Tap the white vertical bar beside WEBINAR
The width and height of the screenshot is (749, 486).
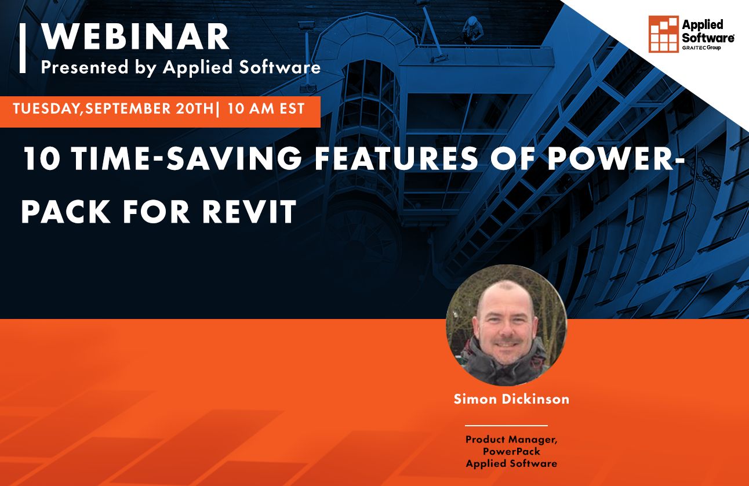[x=23, y=48]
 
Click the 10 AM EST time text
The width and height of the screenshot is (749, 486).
[x=267, y=109]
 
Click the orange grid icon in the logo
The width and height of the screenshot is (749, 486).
[x=663, y=34]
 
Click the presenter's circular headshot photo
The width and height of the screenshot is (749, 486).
[x=506, y=325]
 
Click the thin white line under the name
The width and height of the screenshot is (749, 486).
[x=506, y=426]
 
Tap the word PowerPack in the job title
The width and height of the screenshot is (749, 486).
[x=511, y=451]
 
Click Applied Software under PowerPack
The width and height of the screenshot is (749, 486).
[x=511, y=463]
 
